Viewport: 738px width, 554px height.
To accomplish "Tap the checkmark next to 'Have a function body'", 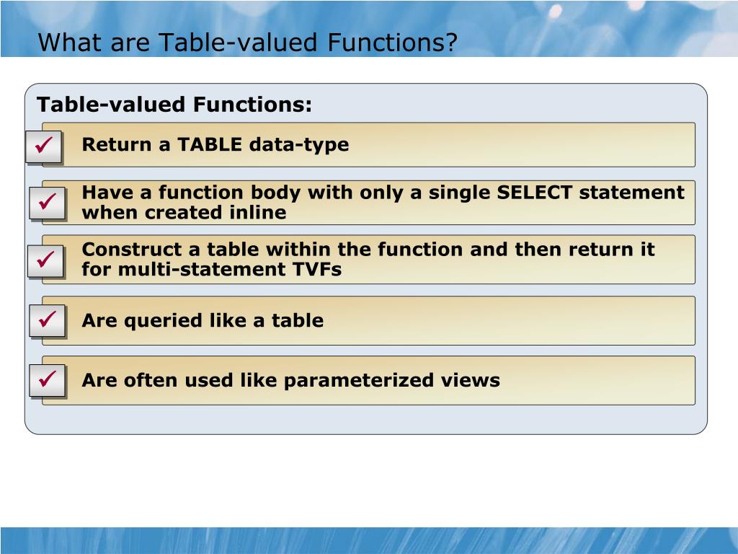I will [x=47, y=203].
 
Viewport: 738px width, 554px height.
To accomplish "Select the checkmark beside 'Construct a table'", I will [x=47, y=260].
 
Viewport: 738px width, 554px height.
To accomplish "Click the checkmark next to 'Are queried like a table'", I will [x=47, y=320].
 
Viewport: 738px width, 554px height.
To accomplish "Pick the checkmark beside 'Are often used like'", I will [x=47, y=379].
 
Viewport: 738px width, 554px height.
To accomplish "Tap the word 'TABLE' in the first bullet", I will [x=210, y=144].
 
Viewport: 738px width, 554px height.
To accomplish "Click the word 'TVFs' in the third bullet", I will [x=317, y=270].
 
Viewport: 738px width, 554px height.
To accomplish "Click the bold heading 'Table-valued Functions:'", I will [x=174, y=105].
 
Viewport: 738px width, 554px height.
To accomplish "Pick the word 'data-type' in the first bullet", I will [x=299, y=144].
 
